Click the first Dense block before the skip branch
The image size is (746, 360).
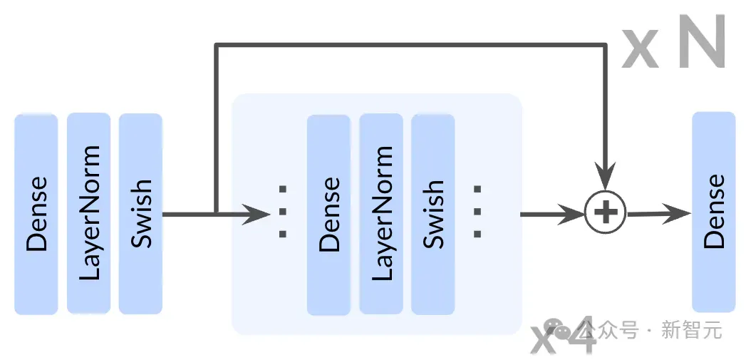(x=36, y=215)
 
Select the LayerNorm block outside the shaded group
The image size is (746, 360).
(x=88, y=213)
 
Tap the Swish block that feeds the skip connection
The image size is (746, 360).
(x=141, y=214)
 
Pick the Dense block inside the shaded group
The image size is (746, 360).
(x=328, y=215)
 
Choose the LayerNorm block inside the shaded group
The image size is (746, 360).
(x=381, y=214)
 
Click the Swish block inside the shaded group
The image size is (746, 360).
(x=433, y=215)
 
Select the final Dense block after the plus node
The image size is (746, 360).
(x=714, y=212)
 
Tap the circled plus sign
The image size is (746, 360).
(x=605, y=213)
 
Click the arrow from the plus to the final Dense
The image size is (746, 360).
(x=659, y=214)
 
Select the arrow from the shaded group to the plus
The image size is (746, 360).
(x=553, y=215)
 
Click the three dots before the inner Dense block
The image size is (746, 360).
(x=283, y=212)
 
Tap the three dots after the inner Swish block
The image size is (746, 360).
(x=477, y=212)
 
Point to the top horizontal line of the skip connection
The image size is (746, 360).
(x=410, y=45)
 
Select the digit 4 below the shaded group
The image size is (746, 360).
(x=579, y=334)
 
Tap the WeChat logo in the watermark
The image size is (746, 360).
(x=558, y=329)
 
